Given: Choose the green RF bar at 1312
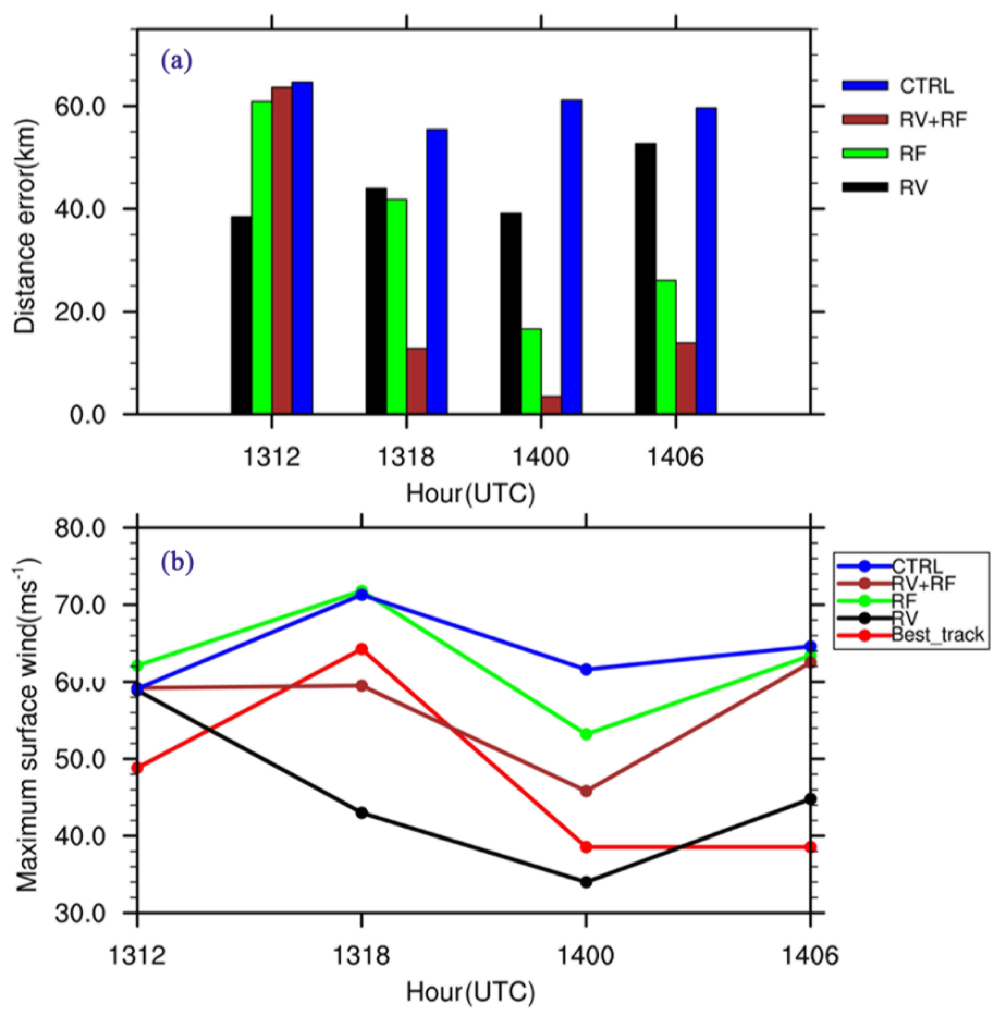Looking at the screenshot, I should point(262,257).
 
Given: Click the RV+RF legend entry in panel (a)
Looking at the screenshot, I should point(904,120).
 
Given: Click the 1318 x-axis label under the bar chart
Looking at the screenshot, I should point(406,458).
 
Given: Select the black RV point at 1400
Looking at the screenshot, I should point(586,882).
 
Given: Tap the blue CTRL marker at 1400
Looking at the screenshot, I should point(586,669).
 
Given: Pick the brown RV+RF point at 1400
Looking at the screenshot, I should point(586,791).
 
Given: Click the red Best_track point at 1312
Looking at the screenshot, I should point(138,768).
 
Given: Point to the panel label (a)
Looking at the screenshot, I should point(177,62).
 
